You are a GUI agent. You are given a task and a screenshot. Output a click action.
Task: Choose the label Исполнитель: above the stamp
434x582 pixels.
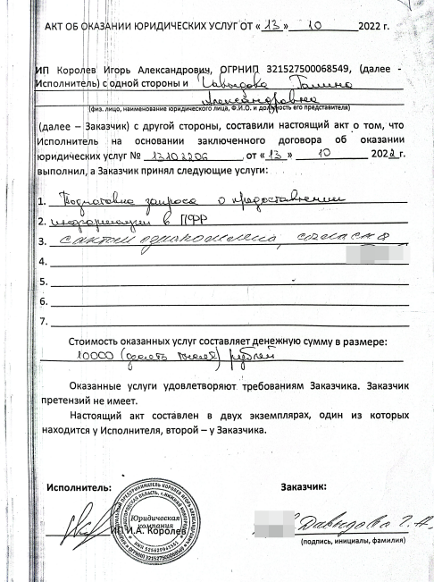coord(79,488)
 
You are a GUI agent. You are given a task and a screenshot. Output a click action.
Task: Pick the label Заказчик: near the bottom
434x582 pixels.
coord(303,488)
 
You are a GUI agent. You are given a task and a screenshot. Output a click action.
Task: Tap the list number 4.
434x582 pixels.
coord(42,262)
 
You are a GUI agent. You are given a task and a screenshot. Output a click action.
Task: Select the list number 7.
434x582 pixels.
coord(42,323)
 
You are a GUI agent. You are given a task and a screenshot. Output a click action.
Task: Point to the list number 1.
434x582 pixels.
coord(42,200)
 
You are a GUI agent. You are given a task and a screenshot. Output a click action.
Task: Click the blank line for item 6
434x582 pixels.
coord(228,305)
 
